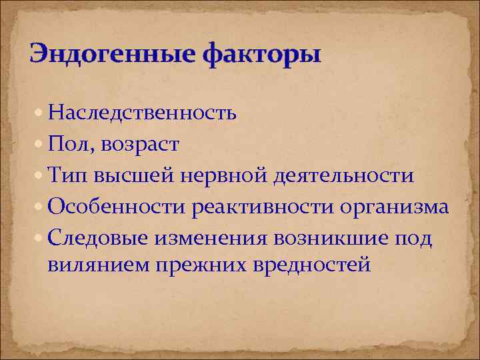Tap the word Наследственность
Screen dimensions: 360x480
[142, 113]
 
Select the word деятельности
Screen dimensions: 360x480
[343, 176]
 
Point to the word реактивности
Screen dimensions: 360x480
[263, 207]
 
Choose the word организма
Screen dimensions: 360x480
[395, 207]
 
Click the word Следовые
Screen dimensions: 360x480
[97, 239]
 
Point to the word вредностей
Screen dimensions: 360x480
[313, 265]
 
